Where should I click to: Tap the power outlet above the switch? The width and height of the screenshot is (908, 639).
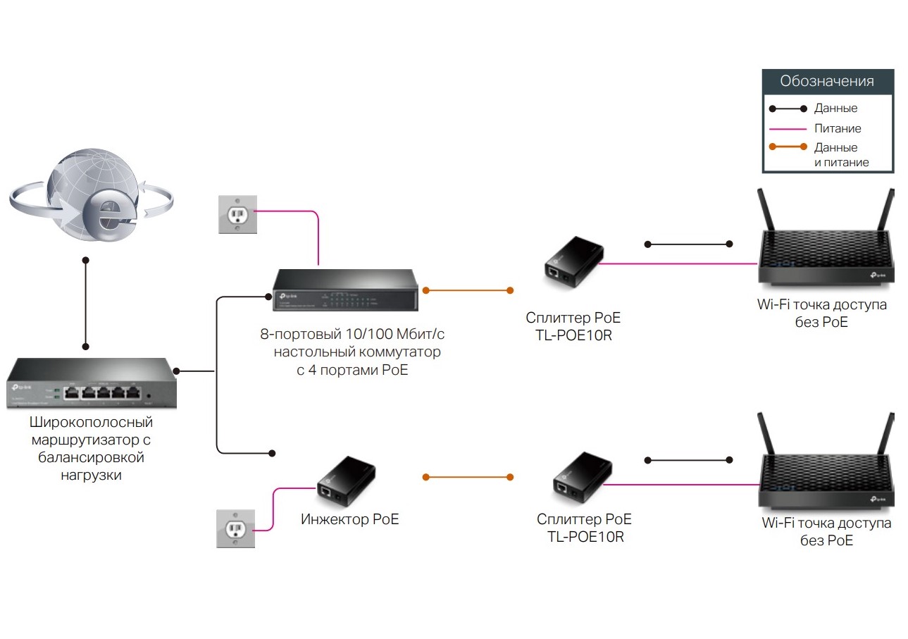tap(237, 213)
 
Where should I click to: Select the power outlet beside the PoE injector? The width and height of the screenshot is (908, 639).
tap(235, 528)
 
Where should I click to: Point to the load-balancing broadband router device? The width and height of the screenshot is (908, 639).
tap(92, 385)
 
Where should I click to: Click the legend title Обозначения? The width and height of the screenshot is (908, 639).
tap(827, 81)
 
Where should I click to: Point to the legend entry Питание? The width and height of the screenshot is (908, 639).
tap(838, 129)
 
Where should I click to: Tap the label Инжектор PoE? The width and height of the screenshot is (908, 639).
tap(349, 520)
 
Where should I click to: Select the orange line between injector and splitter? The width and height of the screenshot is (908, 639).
tap(468, 478)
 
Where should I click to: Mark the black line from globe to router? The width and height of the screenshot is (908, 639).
tap(86, 303)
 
